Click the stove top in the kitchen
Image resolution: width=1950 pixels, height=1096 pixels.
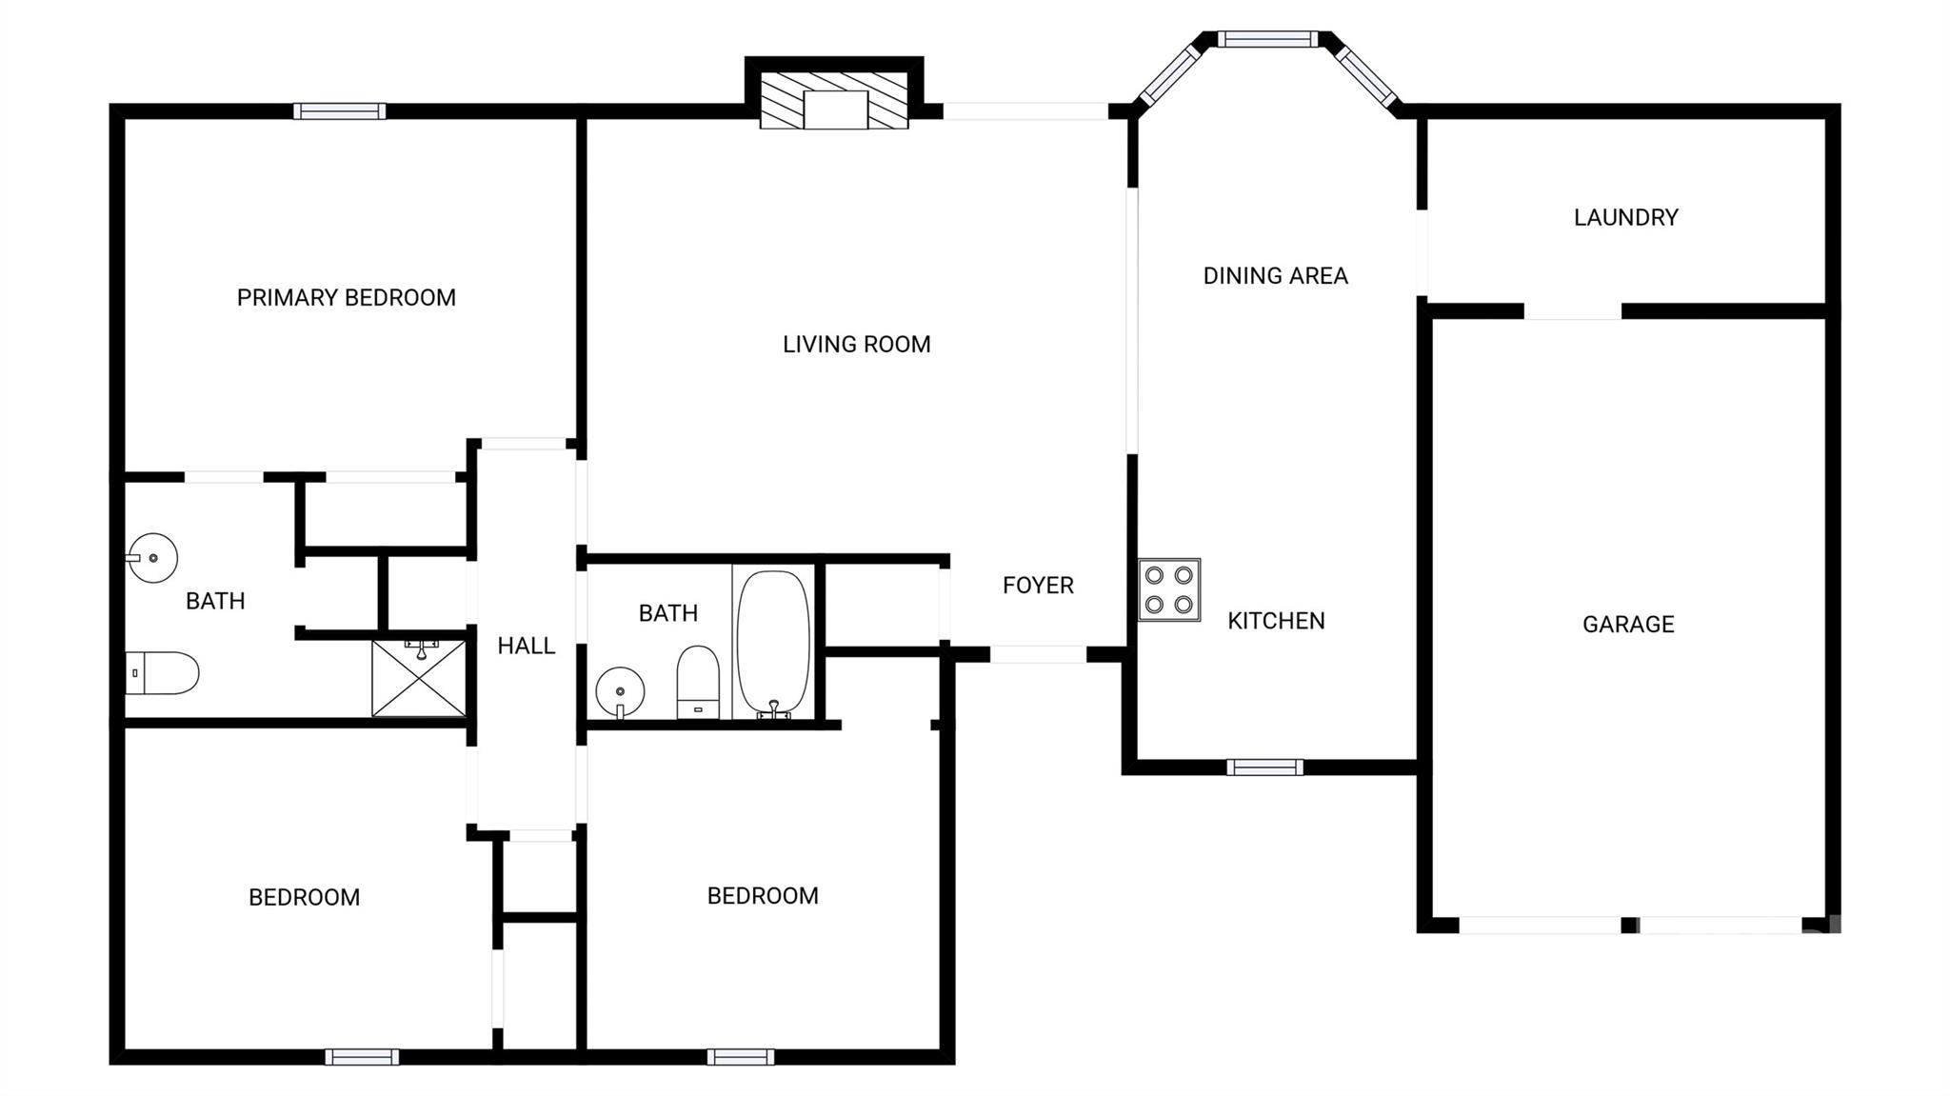1169,589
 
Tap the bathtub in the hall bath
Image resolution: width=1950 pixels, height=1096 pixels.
773,642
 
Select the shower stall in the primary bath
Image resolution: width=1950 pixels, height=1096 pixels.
419,678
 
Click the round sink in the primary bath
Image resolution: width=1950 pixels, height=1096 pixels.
152,558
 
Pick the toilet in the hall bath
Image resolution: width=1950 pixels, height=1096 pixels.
698,681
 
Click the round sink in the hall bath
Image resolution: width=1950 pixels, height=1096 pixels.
620,690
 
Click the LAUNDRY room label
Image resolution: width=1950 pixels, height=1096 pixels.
1625,217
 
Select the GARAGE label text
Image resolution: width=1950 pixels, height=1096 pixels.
1627,624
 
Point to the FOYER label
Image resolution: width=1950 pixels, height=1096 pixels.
1038,585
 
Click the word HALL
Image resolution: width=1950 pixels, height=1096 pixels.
526,646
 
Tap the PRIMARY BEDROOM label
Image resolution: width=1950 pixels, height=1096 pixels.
346,297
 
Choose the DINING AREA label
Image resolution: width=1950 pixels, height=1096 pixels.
1275,275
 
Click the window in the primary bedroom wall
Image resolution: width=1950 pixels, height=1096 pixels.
339,111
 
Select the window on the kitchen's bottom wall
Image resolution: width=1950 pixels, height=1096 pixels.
1264,767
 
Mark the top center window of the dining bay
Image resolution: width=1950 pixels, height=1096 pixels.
1266,39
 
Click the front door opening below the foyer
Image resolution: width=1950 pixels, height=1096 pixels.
1038,654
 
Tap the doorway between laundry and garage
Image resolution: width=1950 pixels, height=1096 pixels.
1572,311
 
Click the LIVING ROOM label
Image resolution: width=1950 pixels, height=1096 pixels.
856,344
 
